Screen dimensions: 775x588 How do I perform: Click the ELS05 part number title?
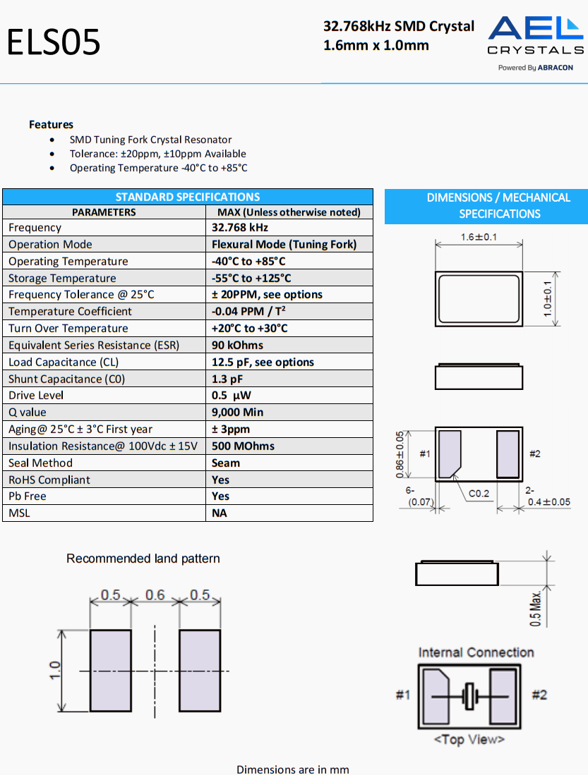(54, 42)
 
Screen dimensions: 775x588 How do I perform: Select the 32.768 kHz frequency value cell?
(240, 228)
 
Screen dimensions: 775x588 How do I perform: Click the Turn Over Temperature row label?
(68, 329)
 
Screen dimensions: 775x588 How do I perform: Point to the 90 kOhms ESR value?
(237, 346)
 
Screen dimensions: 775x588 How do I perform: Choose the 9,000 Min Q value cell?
(237, 413)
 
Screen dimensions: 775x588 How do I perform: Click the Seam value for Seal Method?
(226, 463)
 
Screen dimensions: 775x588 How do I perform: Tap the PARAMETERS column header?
(104, 212)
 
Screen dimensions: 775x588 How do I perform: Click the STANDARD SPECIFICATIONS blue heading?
(187, 197)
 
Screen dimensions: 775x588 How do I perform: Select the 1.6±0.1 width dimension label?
(479, 238)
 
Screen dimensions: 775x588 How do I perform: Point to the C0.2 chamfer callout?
(479, 494)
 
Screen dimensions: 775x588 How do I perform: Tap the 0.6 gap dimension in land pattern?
(155, 595)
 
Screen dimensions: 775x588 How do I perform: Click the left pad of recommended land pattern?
(111, 671)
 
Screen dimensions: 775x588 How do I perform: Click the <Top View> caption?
(469, 739)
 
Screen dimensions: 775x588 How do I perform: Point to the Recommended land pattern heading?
(143, 559)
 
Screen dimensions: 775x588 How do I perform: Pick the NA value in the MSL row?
(220, 513)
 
